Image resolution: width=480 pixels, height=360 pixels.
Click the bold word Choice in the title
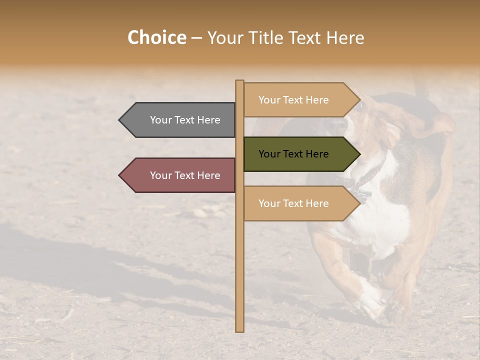(156, 38)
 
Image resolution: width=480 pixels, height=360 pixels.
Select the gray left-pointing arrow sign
(180, 120)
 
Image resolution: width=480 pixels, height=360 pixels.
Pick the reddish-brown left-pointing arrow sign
(180, 175)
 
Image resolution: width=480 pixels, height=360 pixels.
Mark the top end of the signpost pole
(240, 81)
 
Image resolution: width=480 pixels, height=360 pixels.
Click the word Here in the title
(345, 38)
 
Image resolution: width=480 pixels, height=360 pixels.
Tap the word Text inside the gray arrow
(185, 120)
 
